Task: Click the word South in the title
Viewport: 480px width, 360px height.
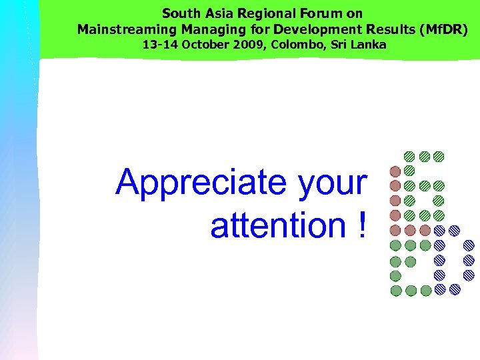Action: [x=179, y=13]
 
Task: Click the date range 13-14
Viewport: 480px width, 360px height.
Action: [x=158, y=45]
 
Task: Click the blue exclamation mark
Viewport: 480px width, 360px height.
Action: [x=361, y=225]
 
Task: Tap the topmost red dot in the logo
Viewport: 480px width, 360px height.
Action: [x=395, y=171]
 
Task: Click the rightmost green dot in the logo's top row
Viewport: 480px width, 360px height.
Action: [x=439, y=157]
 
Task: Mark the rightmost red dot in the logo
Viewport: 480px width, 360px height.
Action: [x=424, y=230]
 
